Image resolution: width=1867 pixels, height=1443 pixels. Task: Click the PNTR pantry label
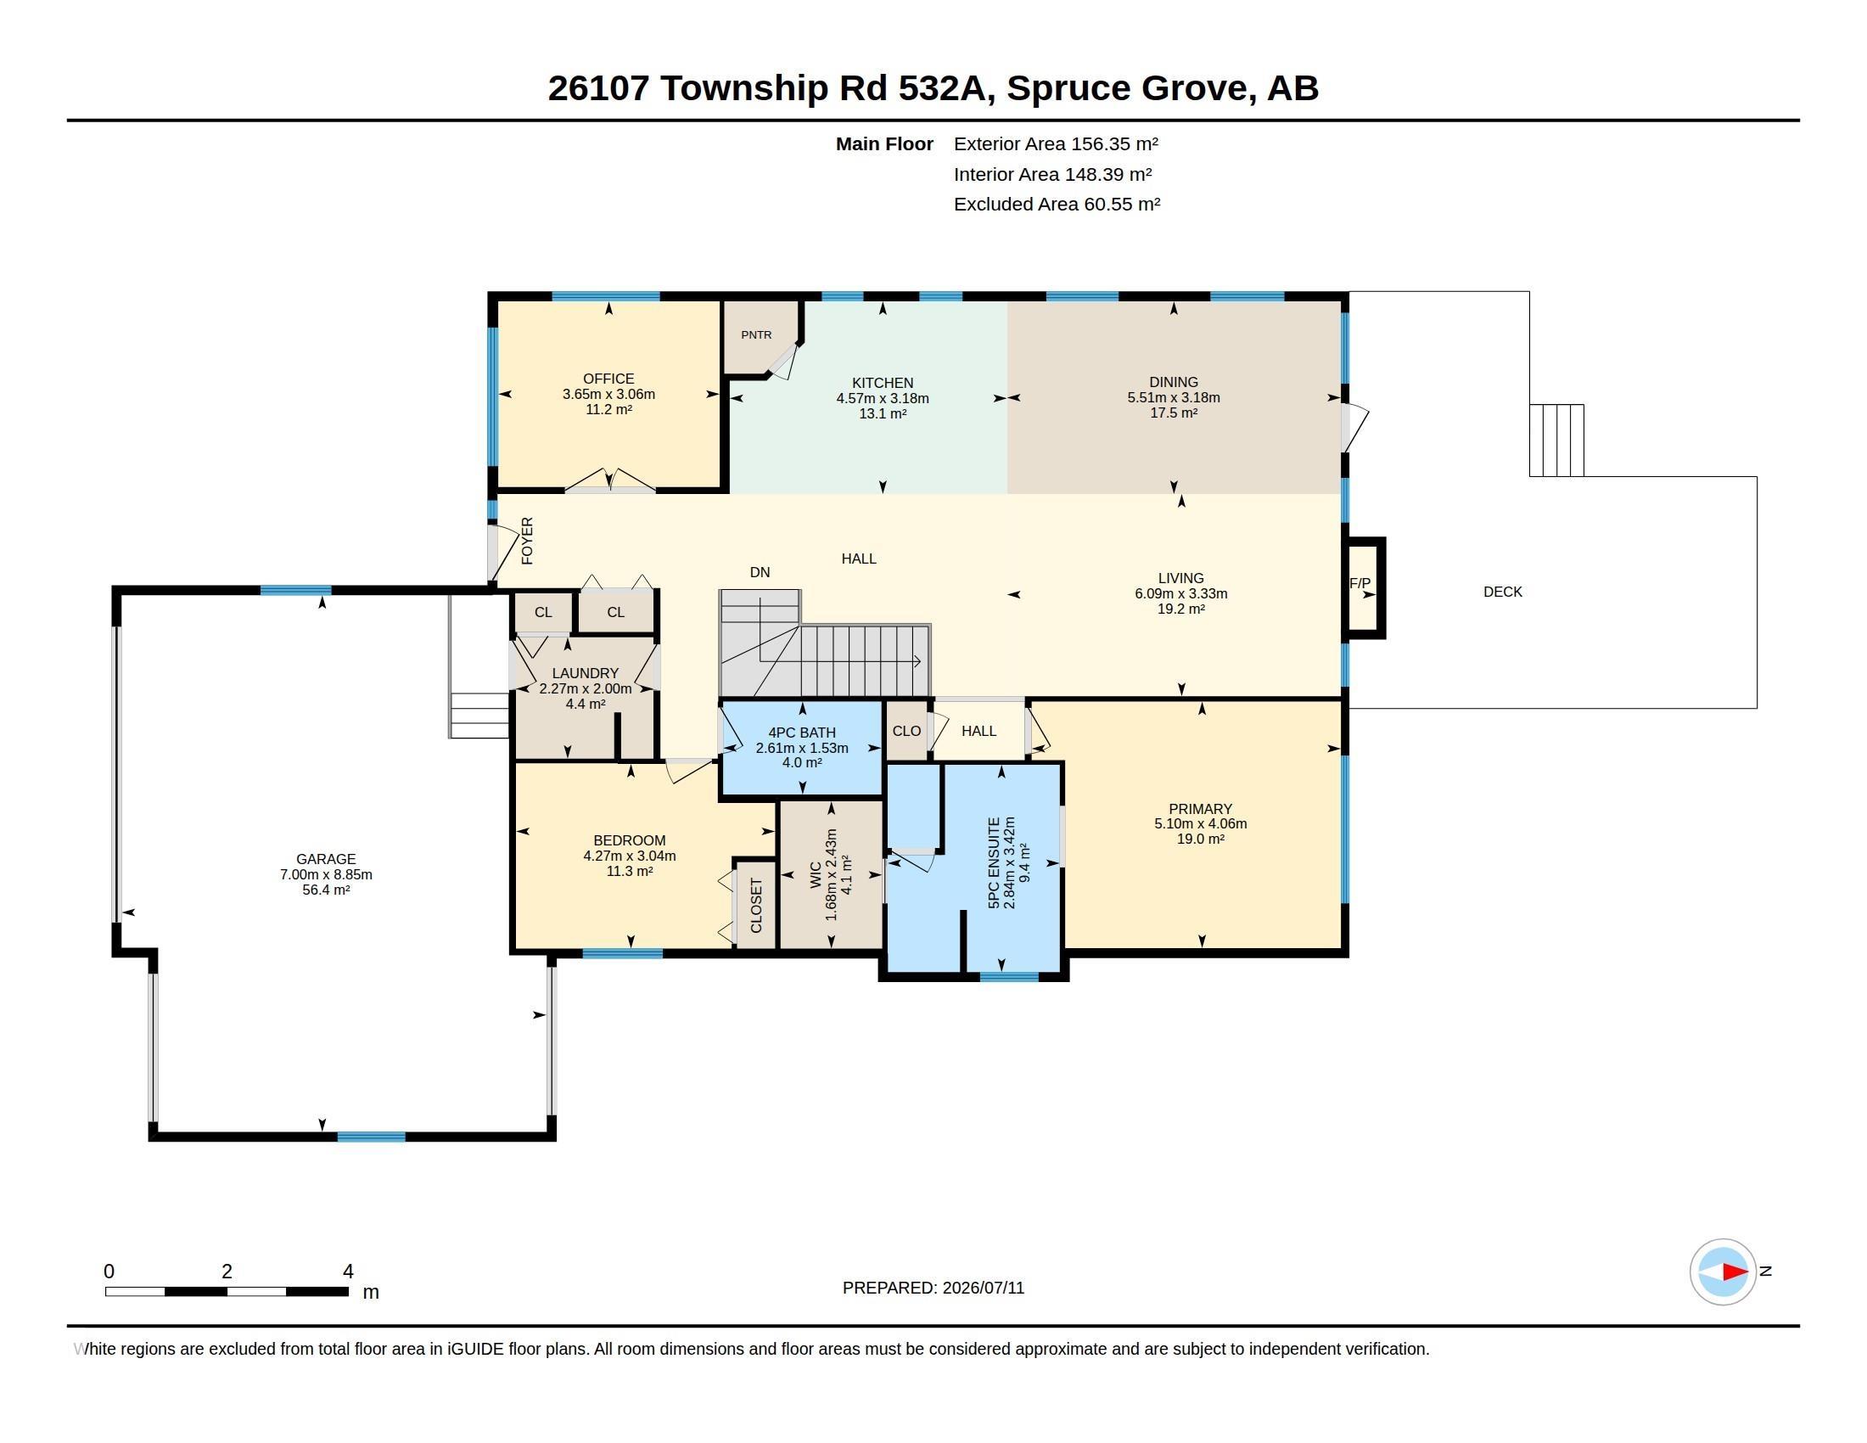click(x=755, y=335)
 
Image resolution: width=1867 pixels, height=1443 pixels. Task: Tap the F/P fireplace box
click(x=1363, y=587)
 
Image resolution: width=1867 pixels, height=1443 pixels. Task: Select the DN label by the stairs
click(x=760, y=573)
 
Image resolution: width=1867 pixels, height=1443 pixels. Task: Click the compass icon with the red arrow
click(x=1723, y=1272)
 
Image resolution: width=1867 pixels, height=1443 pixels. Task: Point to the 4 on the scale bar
click(x=348, y=1272)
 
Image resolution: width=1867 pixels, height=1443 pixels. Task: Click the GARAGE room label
click(x=326, y=859)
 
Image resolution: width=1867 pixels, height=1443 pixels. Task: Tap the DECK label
click(x=1503, y=592)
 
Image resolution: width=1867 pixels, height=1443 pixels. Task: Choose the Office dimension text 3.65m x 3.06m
click(x=608, y=394)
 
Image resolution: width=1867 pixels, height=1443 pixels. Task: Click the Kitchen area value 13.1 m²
click(x=883, y=413)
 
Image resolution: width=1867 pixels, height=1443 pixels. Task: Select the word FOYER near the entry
click(x=528, y=540)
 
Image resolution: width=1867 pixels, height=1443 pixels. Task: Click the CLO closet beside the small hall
click(x=906, y=731)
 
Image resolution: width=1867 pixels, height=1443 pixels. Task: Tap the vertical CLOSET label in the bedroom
click(x=755, y=906)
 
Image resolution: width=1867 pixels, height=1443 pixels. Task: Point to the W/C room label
click(x=815, y=874)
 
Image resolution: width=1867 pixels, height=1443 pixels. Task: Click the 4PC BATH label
click(x=802, y=733)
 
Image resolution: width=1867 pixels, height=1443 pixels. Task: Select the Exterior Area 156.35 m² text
click(x=1056, y=143)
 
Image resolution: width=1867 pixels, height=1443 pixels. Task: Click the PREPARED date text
click(x=933, y=1288)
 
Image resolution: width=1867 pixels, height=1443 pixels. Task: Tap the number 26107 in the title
click(x=598, y=87)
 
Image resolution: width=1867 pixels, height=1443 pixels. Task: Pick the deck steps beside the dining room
click(x=1556, y=441)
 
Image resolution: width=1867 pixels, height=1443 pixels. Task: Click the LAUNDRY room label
click(x=585, y=674)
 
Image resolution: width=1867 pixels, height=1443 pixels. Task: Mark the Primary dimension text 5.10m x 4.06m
click(x=1200, y=824)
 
